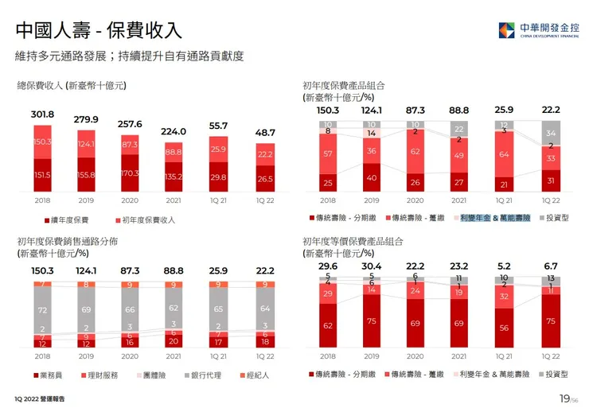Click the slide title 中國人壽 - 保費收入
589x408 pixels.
99,31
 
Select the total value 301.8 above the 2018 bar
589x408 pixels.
42,114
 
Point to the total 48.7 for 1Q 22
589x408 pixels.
265,133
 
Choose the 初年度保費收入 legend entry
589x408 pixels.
148,220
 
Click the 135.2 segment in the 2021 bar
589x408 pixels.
174,177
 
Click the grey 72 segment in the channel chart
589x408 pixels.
42,309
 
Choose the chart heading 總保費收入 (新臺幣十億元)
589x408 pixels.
72,84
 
